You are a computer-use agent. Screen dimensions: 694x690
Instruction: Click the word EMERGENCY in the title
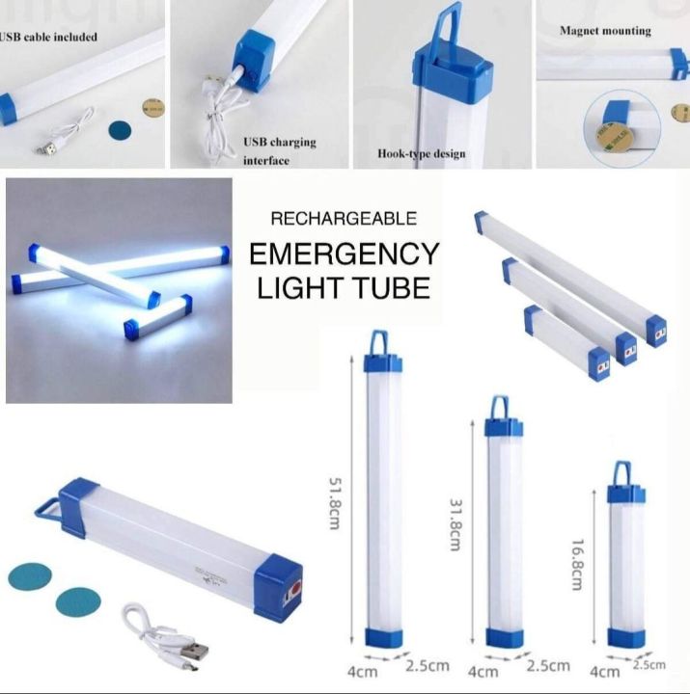pyautogui.click(x=345, y=254)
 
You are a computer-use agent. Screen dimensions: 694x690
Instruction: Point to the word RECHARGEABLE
pyautogui.click(x=344, y=219)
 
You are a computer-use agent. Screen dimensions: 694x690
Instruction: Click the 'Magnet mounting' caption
pyautogui.click(x=605, y=31)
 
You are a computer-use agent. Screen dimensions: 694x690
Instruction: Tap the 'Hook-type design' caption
pyautogui.click(x=422, y=153)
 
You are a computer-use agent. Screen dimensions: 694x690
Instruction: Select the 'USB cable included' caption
pyautogui.click(x=48, y=38)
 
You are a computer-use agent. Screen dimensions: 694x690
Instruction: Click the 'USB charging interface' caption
pyautogui.click(x=279, y=150)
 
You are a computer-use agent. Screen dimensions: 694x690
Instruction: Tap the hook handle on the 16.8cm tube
pyautogui.click(x=626, y=472)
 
